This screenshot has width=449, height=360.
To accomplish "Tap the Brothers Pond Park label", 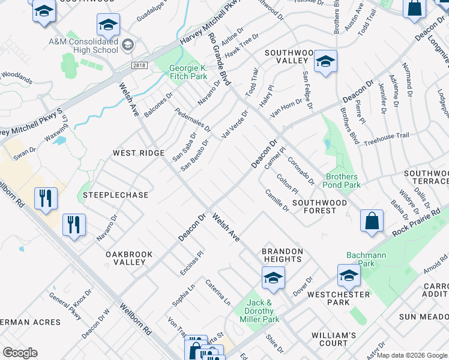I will coord(343,181).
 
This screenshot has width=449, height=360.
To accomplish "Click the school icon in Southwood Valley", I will coord(325,62).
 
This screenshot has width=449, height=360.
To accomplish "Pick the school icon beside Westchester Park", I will coord(349,276).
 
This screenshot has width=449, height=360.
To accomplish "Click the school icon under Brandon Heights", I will coord(273,278).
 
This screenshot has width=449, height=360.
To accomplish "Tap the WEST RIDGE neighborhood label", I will coord(139,153).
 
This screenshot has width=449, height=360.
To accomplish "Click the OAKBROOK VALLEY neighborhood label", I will coord(129,258).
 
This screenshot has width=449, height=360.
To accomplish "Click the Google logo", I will coord(20,353).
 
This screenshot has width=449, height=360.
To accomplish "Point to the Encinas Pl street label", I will coord(193,263).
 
